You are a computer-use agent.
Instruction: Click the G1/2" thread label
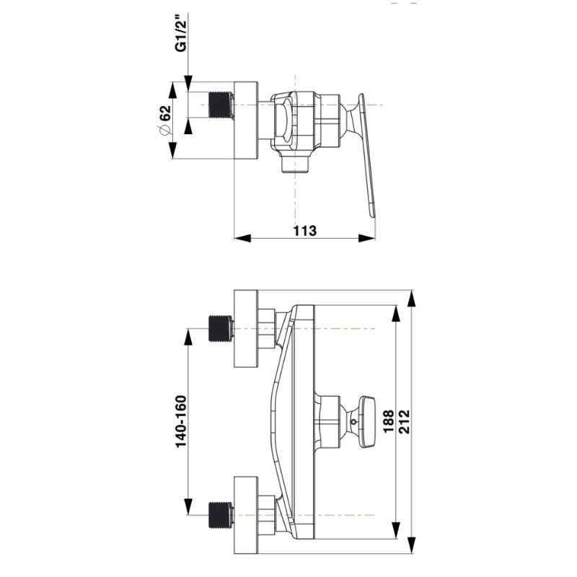[x=181, y=35]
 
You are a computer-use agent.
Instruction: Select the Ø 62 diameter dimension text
[x=165, y=120]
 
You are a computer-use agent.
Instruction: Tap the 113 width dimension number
[x=304, y=231]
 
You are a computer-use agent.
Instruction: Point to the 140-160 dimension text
[x=181, y=421]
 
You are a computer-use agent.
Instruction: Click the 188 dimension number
[x=389, y=421]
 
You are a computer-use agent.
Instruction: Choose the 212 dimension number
[x=404, y=421]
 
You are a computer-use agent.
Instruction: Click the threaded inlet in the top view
[x=221, y=105]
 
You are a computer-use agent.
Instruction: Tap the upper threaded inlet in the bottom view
[x=221, y=328]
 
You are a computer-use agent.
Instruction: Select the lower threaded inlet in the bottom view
[x=221, y=515]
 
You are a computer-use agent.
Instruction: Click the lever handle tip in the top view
[x=372, y=213]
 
